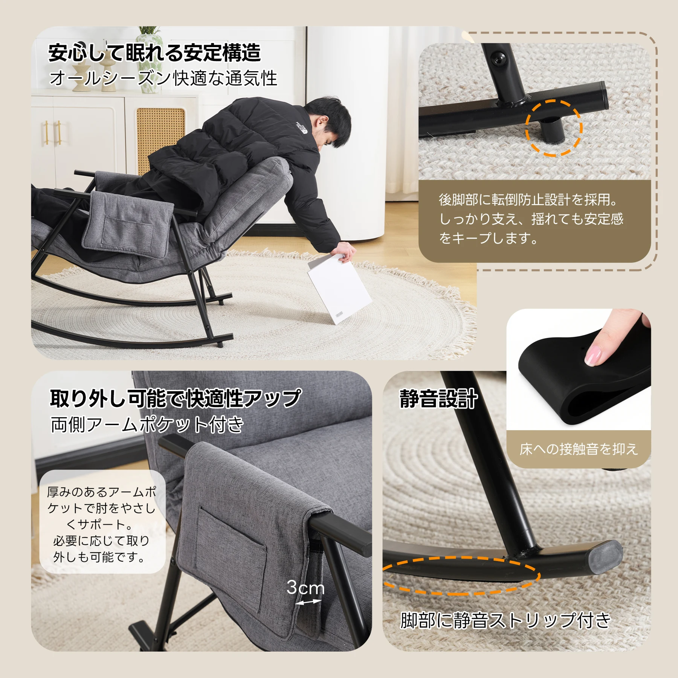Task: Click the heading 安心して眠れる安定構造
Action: pos(154,53)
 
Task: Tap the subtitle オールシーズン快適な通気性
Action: pos(163,78)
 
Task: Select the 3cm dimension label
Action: pos(305,588)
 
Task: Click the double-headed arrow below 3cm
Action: pos(308,602)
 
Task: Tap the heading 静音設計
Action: pos(438,399)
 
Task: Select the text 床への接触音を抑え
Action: pos(579,449)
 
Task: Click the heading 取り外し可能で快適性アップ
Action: pos(176,398)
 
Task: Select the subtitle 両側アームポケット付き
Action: pos(147,425)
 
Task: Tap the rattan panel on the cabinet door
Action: pos(160,139)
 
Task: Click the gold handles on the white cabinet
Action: pos(53,133)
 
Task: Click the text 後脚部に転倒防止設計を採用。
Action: pos(528,200)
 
